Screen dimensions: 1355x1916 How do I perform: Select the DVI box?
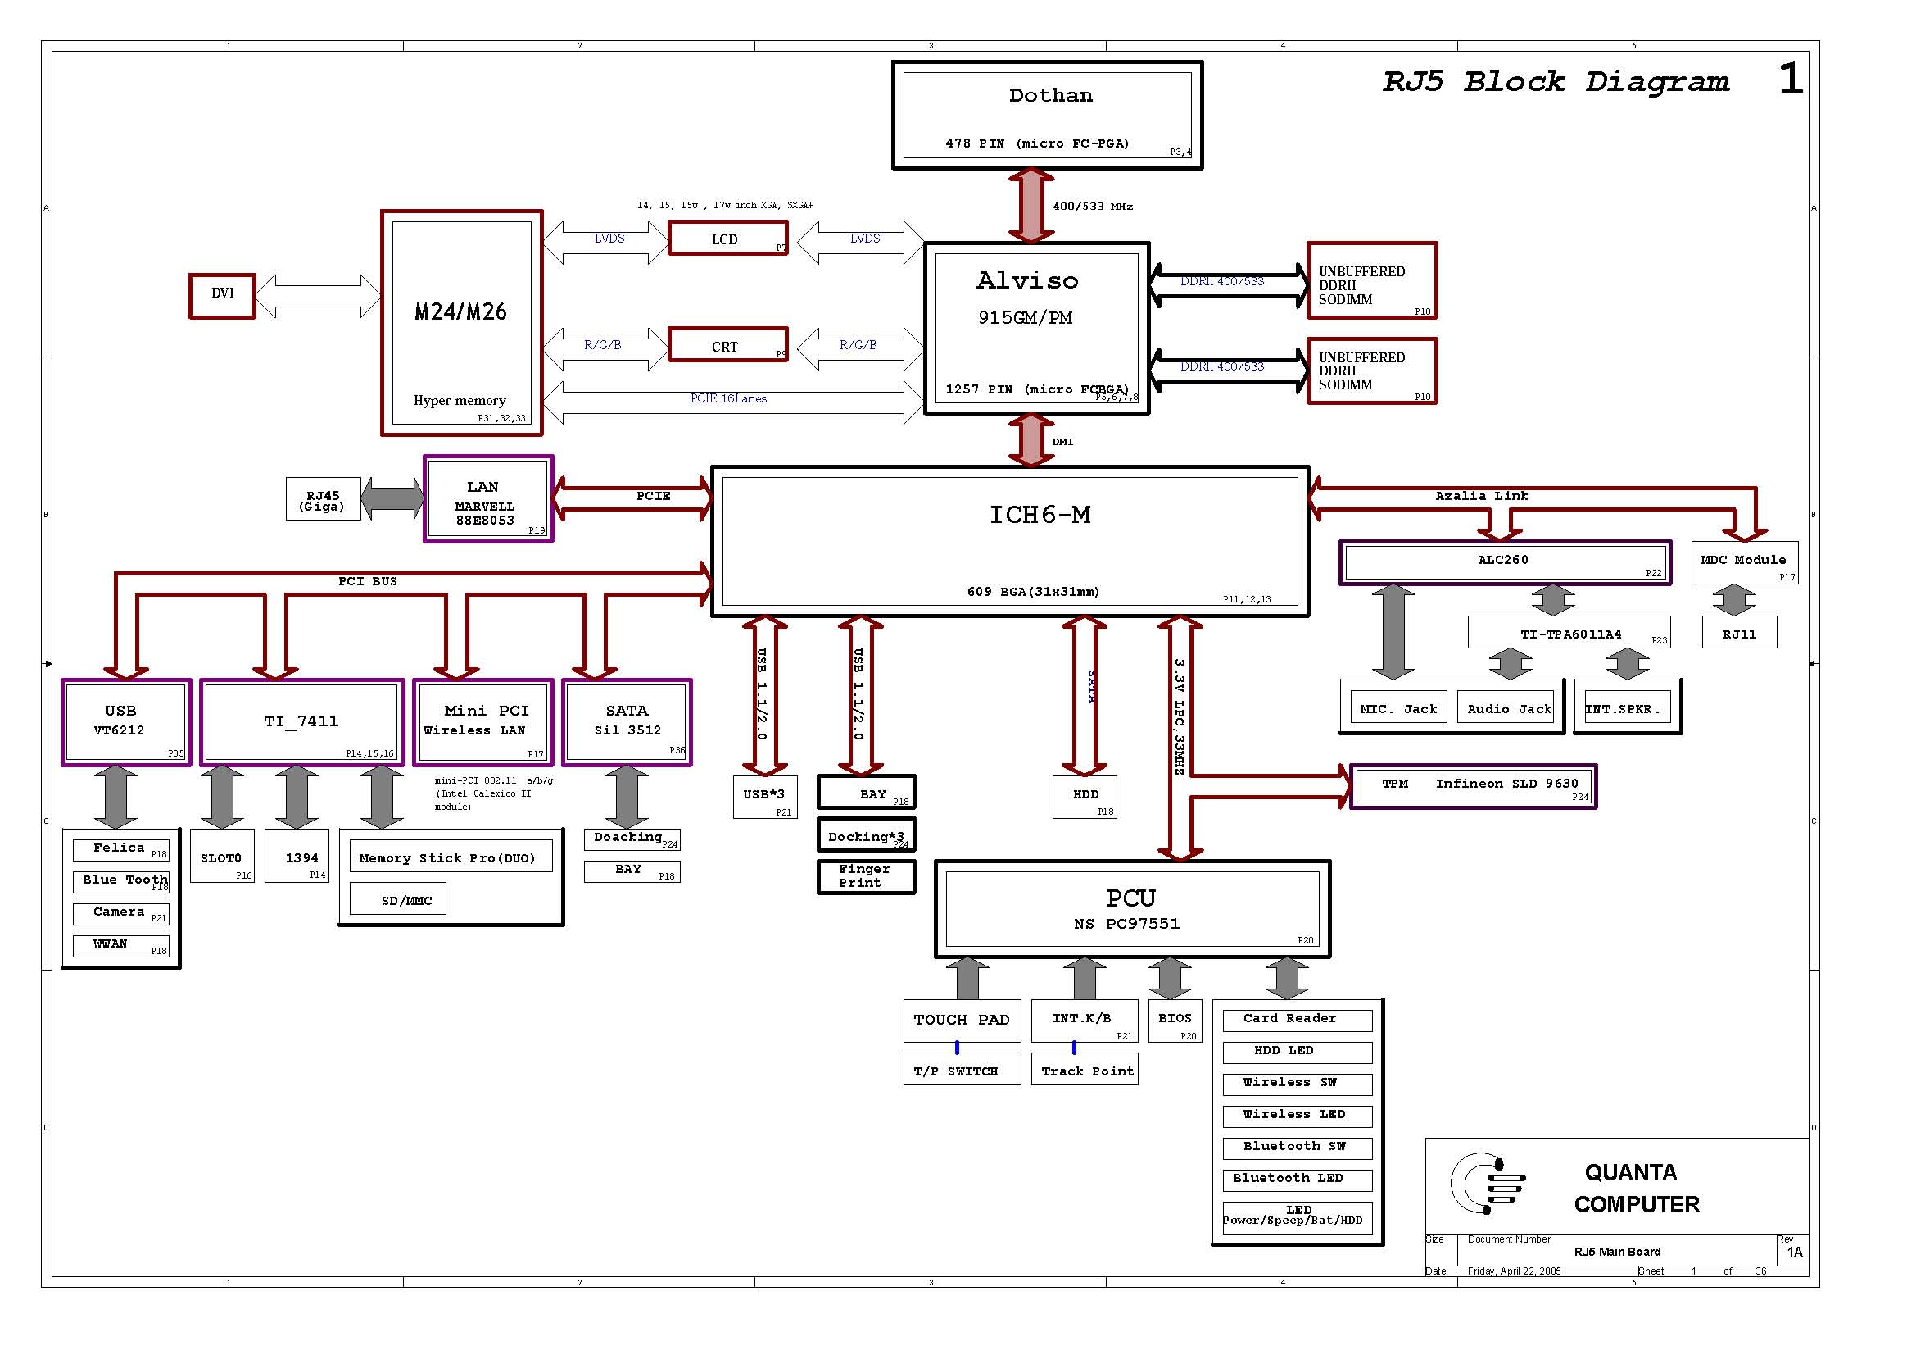pos(222,296)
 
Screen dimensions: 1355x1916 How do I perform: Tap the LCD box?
pos(727,239)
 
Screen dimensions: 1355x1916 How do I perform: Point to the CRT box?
pos(727,345)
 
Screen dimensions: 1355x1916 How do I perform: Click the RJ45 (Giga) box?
pos(323,500)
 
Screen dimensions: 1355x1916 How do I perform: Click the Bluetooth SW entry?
pos(1296,1147)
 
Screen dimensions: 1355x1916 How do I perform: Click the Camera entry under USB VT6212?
pos(120,913)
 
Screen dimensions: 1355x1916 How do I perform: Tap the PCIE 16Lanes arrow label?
pos(727,399)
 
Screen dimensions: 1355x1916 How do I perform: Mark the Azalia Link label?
pos(1480,496)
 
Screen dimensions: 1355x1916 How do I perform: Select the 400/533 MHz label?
pos(1091,207)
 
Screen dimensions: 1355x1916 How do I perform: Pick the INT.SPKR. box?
pos(1622,709)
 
